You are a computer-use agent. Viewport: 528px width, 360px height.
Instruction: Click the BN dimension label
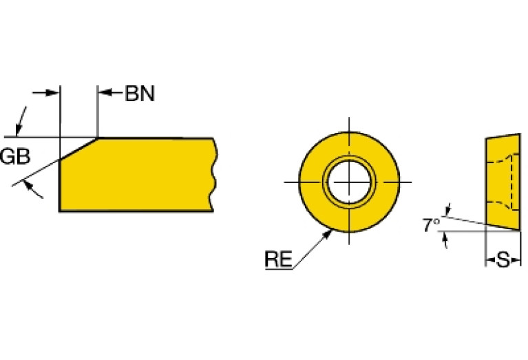pyautogui.click(x=140, y=94)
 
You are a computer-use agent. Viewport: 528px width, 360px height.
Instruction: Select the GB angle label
pyautogui.click(x=14, y=157)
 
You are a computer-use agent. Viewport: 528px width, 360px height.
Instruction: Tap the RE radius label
pyautogui.click(x=278, y=260)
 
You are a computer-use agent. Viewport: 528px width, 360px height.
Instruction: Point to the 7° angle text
pyautogui.click(x=432, y=224)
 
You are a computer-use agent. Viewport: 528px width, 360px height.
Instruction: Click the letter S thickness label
pyautogui.click(x=503, y=260)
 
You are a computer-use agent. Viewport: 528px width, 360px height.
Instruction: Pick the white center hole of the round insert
pyautogui.click(x=349, y=182)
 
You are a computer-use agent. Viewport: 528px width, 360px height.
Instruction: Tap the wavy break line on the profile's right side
pyautogui.click(x=214, y=174)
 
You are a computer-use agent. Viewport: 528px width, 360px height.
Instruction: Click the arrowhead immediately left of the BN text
pyautogui.click(x=103, y=94)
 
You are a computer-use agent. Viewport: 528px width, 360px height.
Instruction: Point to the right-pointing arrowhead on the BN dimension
pyautogui.click(x=54, y=94)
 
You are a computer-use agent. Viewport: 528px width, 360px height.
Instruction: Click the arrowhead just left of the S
pyautogui.click(x=491, y=260)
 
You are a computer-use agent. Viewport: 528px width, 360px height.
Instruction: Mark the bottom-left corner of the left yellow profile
pyautogui.click(x=60, y=211)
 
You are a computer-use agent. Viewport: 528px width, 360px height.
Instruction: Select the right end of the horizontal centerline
pyautogui.click(x=411, y=182)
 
